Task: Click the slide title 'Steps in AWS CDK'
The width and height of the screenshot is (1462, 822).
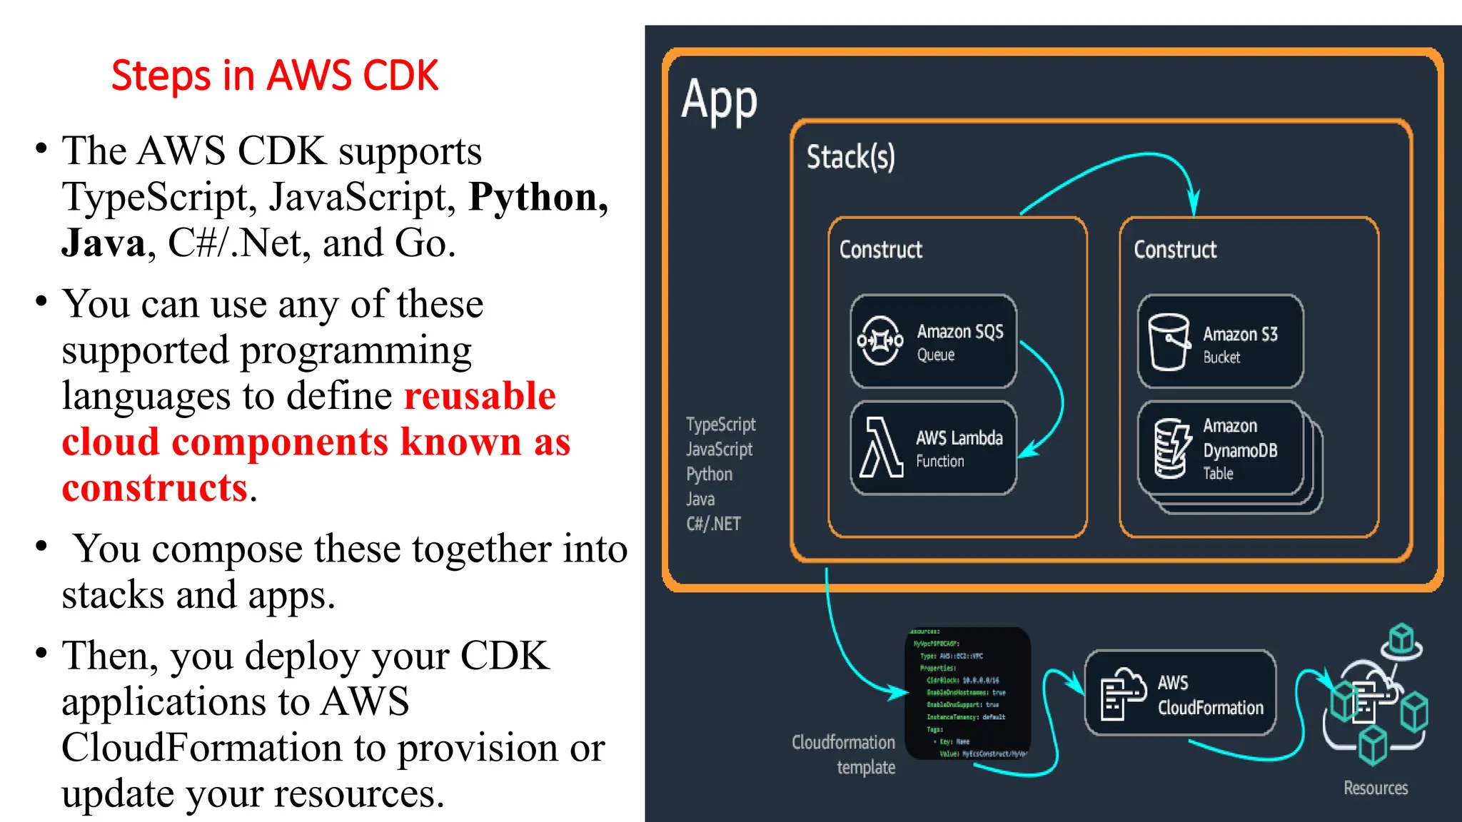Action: pyautogui.click(x=275, y=76)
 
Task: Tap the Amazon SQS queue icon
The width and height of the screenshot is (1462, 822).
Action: pyautogui.click(x=880, y=341)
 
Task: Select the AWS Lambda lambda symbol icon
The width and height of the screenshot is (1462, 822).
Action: pyautogui.click(x=880, y=447)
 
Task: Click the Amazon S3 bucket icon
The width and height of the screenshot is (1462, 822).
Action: pyautogui.click(x=1169, y=342)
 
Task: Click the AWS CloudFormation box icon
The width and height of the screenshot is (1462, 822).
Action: pyautogui.click(x=1123, y=694)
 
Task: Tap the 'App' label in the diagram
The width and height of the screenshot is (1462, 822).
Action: pyautogui.click(x=719, y=100)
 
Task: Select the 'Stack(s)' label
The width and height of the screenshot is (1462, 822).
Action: pyautogui.click(x=850, y=157)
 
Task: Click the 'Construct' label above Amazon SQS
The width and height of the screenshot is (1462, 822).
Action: pyautogui.click(x=880, y=250)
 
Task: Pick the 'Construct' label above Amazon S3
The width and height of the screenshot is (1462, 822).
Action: pyautogui.click(x=1175, y=250)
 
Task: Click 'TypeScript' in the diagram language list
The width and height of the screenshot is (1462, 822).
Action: pyautogui.click(x=720, y=425)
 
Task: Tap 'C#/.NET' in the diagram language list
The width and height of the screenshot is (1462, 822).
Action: pyautogui.click(x=713, y=524)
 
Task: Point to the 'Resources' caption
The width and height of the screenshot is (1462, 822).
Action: pyautogui.click(x=1375, y=788)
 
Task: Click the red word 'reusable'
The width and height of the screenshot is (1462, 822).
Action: pyautogui.click(x=480, y=396)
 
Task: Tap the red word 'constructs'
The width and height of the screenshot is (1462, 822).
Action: pyautogui.click(x=155, y=488)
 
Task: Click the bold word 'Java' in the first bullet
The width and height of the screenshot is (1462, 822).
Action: pyautogui.click(x=104, y=243)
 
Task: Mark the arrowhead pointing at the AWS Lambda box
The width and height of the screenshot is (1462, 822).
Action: pyautogui.click(x=1026, y=451)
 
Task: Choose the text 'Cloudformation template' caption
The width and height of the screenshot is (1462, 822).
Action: pyautogui.click(x=845, y=754)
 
